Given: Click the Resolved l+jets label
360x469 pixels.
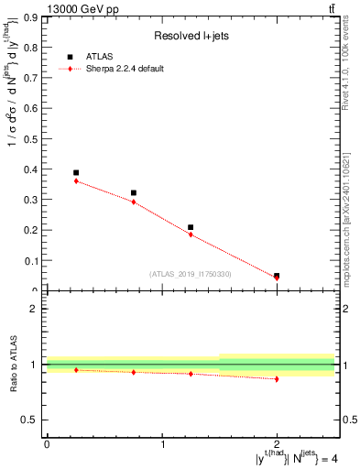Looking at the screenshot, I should pos(191,36).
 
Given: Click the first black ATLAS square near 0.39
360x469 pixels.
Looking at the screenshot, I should pos(76,172).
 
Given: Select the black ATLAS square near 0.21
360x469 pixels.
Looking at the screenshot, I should pos(191,227).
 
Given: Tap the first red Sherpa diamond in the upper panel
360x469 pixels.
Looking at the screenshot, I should pos(76,181).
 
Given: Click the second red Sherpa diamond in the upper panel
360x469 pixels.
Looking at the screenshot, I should pos(134,202).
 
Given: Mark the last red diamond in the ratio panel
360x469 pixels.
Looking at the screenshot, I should pos(277,378).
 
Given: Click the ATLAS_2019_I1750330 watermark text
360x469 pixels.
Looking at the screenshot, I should pos(191,274).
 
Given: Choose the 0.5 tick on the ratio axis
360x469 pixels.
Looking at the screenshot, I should pos(29,420).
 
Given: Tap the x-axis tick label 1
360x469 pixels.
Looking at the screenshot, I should pos(162,444).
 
